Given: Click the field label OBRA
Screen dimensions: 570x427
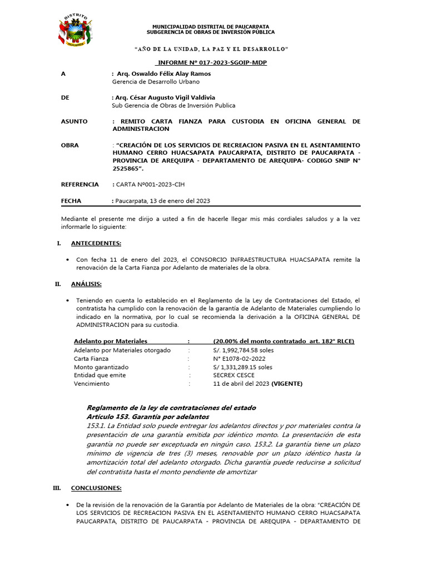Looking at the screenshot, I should pos(69,145).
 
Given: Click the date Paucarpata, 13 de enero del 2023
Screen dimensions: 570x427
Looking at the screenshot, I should pos(162,201).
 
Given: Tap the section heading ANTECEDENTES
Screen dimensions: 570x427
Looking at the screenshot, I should pos(96,243).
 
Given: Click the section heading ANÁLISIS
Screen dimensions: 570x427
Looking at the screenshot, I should pos(86,284).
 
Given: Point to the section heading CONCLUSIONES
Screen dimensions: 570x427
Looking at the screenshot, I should pos(96,488).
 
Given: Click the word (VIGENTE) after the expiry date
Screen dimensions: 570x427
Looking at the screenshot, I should pos(287,384).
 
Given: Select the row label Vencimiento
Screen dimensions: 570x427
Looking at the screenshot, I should pos(92,384).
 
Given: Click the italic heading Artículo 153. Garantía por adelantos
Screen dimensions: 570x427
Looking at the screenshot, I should pos(147,416).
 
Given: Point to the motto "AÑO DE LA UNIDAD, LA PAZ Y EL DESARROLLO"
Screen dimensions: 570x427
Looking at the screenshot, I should pos(211,50).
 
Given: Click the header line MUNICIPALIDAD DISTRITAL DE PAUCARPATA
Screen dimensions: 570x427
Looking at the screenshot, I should pos(211,26).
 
